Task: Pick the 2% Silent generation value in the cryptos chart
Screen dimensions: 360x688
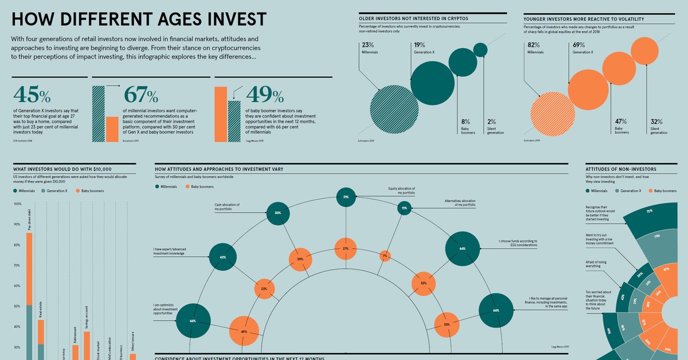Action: tap(491, 122)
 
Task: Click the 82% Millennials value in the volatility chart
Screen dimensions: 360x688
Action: tap(534, 45)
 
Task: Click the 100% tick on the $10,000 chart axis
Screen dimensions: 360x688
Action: tap(17, 204)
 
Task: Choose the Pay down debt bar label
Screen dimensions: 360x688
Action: tap(30, 220)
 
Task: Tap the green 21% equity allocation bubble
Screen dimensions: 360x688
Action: tap(346, 197)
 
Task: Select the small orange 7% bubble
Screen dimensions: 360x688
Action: tap(385, 256)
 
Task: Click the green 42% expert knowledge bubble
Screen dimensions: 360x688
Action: tap(223, 258)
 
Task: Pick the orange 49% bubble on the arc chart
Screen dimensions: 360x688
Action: tap(244, 332)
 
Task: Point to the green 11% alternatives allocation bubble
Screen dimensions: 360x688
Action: tap(404, 208)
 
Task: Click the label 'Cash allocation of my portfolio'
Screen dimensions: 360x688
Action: tap(226, 207)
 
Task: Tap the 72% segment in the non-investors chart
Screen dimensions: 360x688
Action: tap(650, 212)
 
